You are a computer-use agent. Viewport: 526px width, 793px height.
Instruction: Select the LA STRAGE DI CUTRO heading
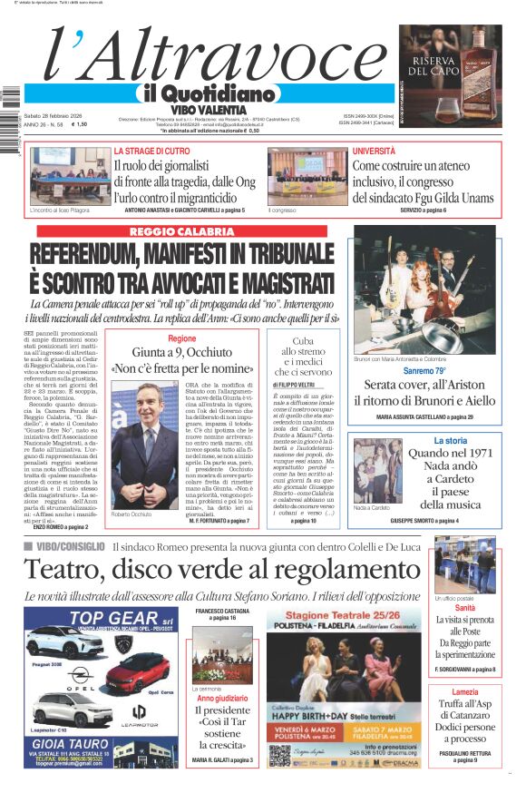(x=151, y=151)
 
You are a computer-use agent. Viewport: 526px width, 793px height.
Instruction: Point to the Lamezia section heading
(x=464, y=692)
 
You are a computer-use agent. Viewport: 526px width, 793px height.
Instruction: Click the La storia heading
(x=463, y=441)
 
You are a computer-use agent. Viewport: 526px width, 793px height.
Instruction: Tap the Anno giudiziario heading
(x=222, y=700)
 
